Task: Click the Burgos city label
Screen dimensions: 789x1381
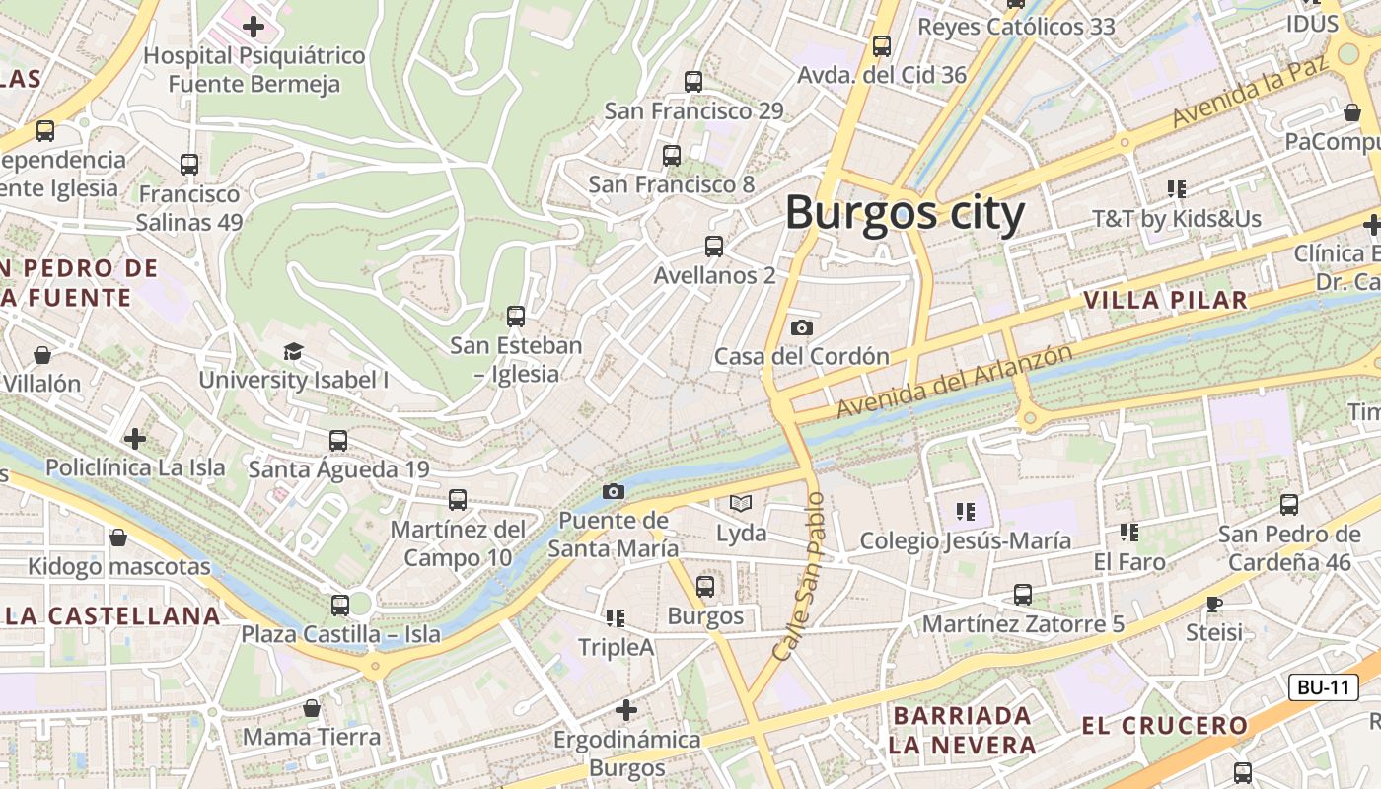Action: pos(905,212)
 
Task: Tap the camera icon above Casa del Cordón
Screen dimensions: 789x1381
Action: pos(802,327)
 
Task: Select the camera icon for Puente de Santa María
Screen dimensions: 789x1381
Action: pos(614,491)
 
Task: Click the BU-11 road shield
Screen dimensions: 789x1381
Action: pos(1323,687)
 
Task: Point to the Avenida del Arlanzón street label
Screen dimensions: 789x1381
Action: pos(954,380)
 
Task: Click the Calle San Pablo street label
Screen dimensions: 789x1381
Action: pos(798,576)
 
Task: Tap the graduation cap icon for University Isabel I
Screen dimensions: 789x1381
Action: pos(293,351)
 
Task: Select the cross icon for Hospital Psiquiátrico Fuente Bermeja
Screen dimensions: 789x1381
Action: pos(254,27)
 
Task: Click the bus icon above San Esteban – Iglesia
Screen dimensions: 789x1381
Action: pos(516,317)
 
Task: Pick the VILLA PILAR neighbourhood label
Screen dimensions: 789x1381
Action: pos(1165,301)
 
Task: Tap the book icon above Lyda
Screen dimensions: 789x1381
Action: pos(741,503)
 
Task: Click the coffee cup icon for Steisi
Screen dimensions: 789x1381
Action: pos(1214,603)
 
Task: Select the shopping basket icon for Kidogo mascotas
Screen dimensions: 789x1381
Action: pos(118,538)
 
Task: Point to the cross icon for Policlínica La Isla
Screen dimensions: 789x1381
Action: pos(135,438)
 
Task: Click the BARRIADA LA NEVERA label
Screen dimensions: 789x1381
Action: pos(962,730)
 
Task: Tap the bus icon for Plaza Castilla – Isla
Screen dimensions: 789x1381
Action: pos(340,605)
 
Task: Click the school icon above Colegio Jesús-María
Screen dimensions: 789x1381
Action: pos(966,511)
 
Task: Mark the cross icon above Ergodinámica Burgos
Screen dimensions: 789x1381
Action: pos(626,709)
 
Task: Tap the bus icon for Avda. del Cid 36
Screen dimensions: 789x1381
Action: pos(882,46)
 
